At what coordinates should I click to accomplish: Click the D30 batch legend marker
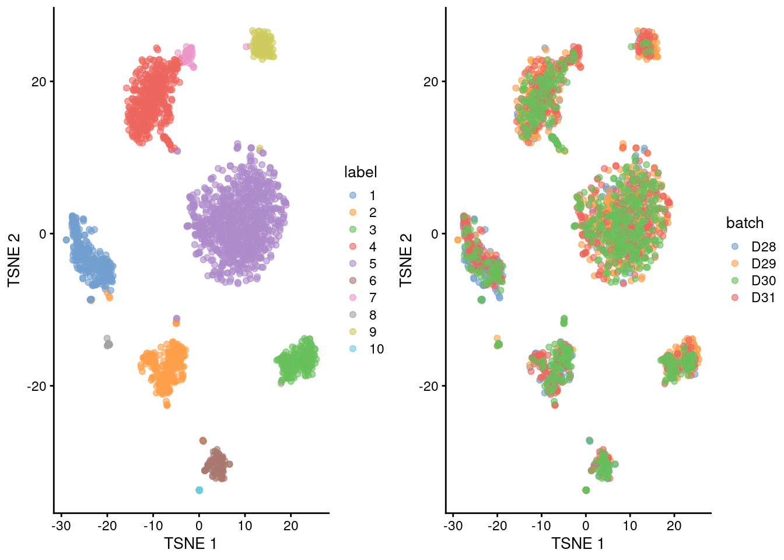click(x=734, y=281)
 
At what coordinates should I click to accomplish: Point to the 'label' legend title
click(x=360, y=172)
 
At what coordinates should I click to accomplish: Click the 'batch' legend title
click(x=744, y=223)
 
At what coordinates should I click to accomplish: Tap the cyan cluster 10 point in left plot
click(x=199, y=490)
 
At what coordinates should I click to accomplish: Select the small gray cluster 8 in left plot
click(x=108, y=344)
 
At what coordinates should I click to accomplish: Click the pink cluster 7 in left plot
click(x=188, y=55)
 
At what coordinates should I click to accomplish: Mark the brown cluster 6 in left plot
click(x=216, y=466)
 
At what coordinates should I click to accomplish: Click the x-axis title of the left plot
click(x=190, y=544)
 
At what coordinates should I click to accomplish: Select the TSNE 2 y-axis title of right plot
click(x=405, y=260)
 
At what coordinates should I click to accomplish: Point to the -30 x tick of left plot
click(x=61, y=526)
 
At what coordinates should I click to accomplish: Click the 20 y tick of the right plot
click(x=430, y=82)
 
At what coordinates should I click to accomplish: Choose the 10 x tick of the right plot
click(x=630, y=526)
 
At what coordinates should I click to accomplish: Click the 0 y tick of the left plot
click(x=42, y=234)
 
